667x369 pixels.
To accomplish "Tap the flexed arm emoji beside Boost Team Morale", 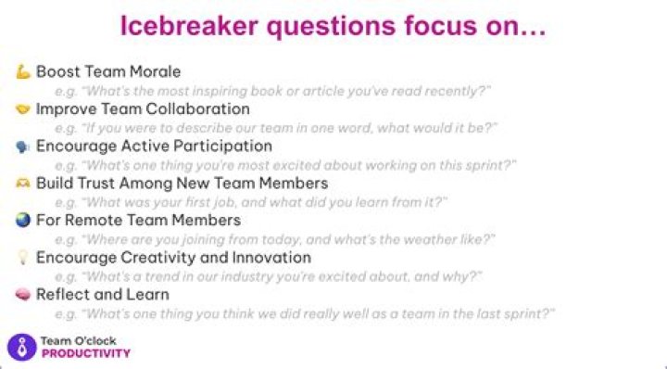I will tap(23, 72).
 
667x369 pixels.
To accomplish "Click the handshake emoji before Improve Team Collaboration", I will tap(23, 109).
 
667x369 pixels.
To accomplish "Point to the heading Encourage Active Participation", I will tap(154, 146).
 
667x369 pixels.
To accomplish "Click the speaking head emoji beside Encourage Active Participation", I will tap(23, 146).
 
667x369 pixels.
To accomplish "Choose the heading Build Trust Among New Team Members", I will tap(182, 184).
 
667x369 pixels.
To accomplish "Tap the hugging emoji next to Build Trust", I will tap(23, 184).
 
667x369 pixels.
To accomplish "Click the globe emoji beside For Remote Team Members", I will tap(23, 221).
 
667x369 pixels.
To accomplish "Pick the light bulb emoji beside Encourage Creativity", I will tap(23, 258).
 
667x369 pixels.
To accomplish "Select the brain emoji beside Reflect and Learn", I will tap(23, 295).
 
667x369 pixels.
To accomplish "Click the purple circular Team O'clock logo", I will tap(21, 347).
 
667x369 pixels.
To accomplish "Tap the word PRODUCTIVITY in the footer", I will tap(86, 353).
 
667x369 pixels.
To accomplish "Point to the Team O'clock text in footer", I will tap(77, 341).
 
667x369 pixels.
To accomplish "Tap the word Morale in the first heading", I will tap(154, 72).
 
